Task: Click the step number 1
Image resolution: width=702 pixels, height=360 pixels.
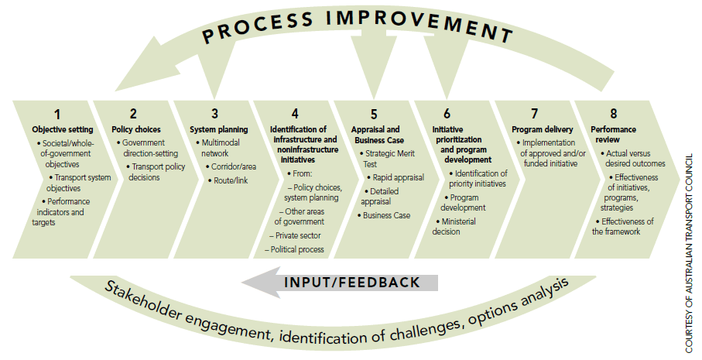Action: click(x=58, y=114)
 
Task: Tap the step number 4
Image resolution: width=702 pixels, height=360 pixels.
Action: click(x=295, y=114)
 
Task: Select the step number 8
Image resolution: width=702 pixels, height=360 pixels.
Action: click(x=613, y=114)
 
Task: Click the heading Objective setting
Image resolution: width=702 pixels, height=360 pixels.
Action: click(x=63, y=129)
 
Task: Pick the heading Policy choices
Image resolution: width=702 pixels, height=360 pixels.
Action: click(x=136, y=129)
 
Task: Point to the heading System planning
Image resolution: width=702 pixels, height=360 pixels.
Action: click(x=218, y=129)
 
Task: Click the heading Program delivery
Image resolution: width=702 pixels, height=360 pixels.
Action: click(x=542, y=129)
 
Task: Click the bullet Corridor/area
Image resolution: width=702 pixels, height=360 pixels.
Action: click(x=231, y=166)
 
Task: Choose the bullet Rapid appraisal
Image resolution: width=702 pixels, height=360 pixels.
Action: click(x=396, y=177)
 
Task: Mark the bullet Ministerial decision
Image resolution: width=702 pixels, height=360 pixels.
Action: click(x=454, y=227)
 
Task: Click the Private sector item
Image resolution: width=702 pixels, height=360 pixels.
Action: click(x=295, y=235)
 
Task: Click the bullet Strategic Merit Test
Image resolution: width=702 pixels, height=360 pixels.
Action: click(x=388, y=159)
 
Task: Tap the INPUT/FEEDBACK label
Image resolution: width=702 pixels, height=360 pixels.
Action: click(x=352, y=283)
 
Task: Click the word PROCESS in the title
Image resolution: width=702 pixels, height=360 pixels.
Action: click(x=258, y=27)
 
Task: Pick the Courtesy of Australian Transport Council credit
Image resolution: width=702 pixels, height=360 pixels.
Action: click(x=690, y=253)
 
